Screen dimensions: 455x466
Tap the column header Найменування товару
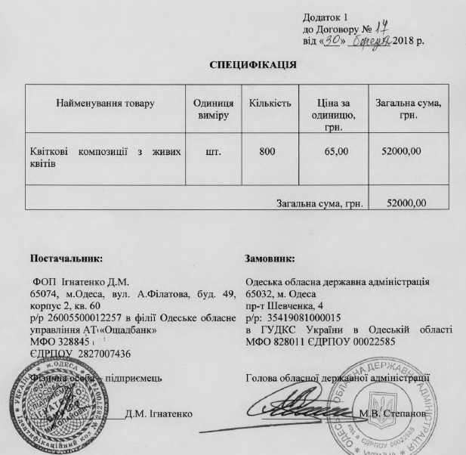[105, 103]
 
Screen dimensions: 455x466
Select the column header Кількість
[270, 103]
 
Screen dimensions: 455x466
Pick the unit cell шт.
[213, 152]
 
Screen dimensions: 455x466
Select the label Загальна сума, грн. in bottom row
[320, 203]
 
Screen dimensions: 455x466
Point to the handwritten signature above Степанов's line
[302, 407]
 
